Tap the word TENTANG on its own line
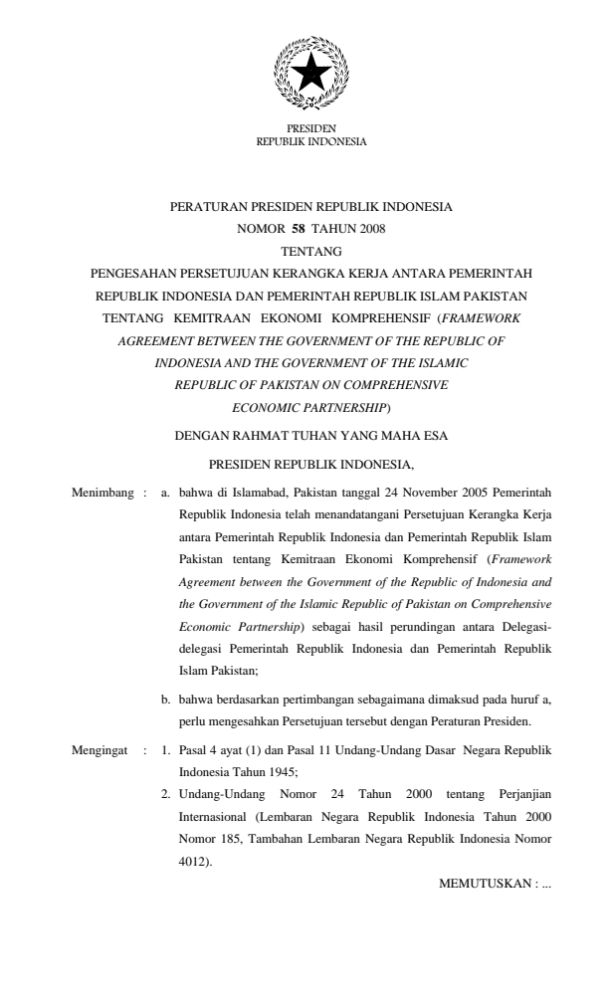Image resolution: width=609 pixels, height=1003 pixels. tap(310, 251)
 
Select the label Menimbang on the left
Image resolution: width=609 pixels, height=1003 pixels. tap(103, 492)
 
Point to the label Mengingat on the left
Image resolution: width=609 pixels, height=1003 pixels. tap(101, 742)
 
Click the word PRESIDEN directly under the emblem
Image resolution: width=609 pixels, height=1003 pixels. tap(310, 129)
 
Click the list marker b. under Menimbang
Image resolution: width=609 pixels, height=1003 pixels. tap(166, 700)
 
